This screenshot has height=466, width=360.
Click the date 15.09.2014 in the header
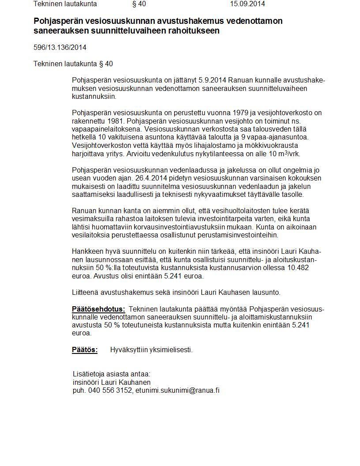click(x=247, y=4)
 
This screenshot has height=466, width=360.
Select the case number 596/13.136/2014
click(x=60, y=48)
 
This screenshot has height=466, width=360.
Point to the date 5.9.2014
click(x=213, y=80)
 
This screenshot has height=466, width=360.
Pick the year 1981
click(x=112, y=121)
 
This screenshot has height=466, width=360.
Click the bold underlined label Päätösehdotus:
click(x=98, y=309)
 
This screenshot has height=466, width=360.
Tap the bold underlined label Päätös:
click(x=85, y=350)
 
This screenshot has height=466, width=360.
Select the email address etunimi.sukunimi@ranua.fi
click(x=177, y=391)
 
